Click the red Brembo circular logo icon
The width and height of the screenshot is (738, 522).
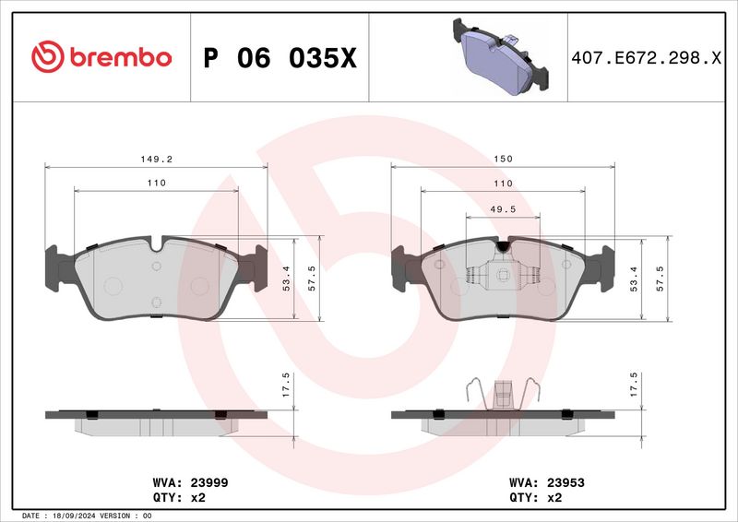pos(45,57)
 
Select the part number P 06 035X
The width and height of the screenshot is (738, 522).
pos(279,58)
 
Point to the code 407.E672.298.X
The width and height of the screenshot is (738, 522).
pos(646,58)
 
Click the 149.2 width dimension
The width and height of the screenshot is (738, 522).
pos(156,160)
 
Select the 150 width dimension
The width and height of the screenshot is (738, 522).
pos(503,160)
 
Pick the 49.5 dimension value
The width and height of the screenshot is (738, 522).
pos(503,209)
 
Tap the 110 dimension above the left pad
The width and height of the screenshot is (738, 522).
pos(156,184)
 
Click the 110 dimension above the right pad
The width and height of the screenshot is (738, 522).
pos(503,184)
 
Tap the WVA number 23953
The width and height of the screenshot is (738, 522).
pos(566,482)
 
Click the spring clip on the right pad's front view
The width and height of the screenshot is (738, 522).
pos(503,276)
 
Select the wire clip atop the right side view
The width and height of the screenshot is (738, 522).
pos(503,393)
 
